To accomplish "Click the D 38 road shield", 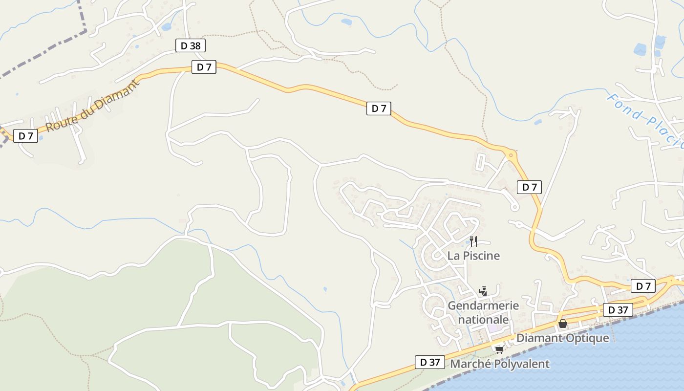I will (190, 46).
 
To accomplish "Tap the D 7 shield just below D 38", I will (204, 67).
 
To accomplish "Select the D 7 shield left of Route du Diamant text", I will (25, 136).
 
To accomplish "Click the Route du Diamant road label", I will (93, 106).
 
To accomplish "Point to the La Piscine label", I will (473, 256).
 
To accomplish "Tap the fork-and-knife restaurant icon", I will (473, 241).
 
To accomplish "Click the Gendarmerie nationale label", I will (483, 312).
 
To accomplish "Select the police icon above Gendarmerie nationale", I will (483, 291).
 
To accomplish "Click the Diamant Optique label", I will (562, 338).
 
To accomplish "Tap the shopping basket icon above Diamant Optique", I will (563, 324).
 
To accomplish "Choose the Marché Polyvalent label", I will (499, 364).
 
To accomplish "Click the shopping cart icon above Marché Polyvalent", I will (499, 349).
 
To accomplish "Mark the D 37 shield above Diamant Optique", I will (618, 310).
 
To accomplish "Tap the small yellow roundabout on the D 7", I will (511, 155).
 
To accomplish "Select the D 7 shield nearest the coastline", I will (643, 286).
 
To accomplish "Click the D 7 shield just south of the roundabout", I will (529, 187).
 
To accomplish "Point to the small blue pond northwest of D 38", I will (167, 27).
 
